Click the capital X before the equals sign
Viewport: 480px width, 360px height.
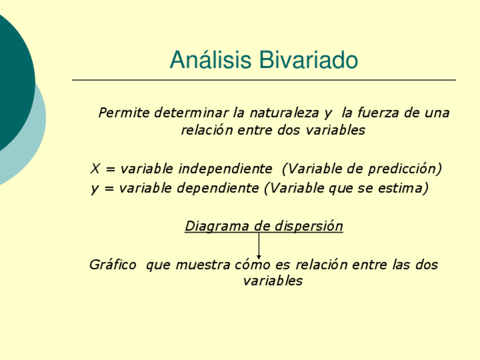click(95, 169)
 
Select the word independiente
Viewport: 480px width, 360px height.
click(225, 169)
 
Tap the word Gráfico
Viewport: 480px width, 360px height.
click(113, 264)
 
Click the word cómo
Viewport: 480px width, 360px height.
click(254, 264)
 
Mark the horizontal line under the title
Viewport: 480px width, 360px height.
click(264, 80)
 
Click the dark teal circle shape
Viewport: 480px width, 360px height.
click(11, 79)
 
